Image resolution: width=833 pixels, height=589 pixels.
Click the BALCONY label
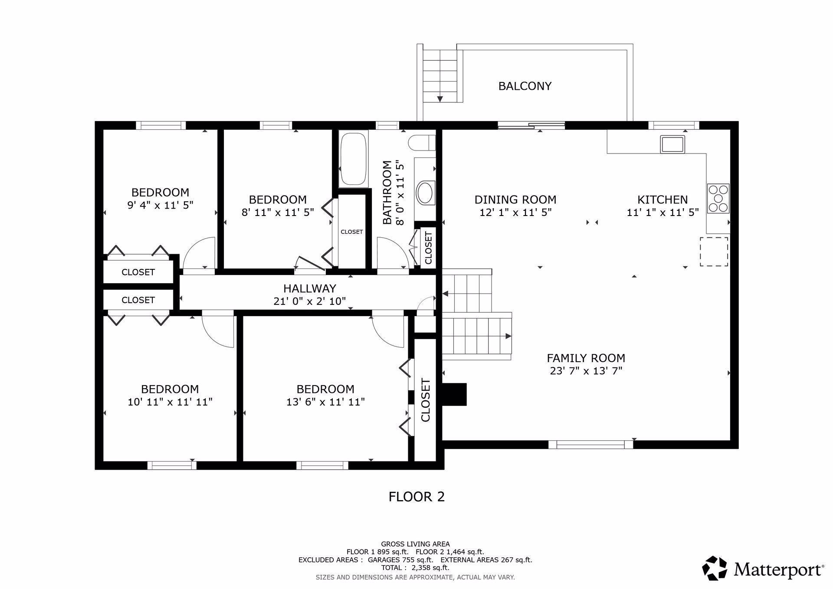(x=525, y=86)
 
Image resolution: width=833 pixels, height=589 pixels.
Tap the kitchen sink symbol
(x=672, y=144)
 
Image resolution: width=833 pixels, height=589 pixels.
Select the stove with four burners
(x=718, y=198)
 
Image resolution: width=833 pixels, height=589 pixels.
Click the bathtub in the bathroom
(x=354, y=159)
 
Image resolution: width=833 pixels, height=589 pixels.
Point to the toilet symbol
(x=422, y=142)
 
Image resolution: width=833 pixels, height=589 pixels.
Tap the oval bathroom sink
(x=425, y=193)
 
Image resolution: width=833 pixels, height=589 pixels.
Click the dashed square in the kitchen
(x=714, y=252)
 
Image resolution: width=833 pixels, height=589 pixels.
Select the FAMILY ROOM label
(x=586, y=358)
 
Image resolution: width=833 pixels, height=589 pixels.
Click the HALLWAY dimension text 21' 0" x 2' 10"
(x=310, y=301)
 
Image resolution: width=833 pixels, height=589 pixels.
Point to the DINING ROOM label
(x=515, y=200)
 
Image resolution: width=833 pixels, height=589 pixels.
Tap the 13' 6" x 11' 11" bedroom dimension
(x=325, y=402)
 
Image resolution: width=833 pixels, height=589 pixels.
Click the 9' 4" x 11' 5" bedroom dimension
(x=160, y=205)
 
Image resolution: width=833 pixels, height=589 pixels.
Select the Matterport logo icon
(x=715, y=568)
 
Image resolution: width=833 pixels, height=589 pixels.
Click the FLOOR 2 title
(x=416, y=497)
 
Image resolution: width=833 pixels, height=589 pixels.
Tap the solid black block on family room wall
(x=454, y=394)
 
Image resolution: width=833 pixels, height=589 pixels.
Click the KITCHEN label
(x=662, y=200)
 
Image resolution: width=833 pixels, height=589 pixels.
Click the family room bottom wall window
(x=590, y=444)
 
